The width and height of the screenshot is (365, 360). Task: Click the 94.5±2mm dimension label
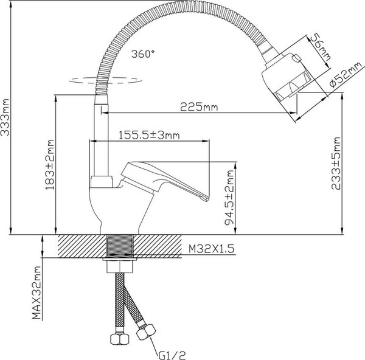click(x=229, y=198)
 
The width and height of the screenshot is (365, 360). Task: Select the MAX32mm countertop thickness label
click(x=37, y=296)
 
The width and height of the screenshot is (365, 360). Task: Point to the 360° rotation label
click(x=143, y=54)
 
